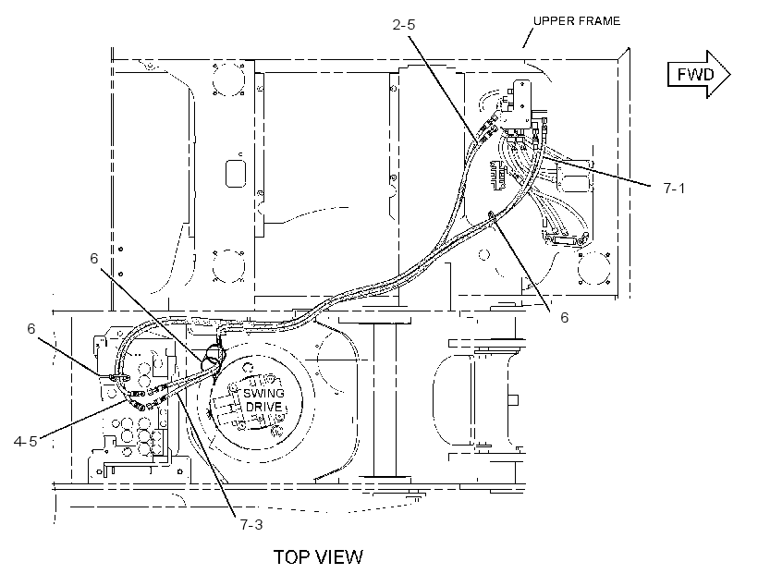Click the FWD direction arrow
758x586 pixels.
click(x=699, y=74)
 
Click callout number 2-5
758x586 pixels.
click(x=404, y=24)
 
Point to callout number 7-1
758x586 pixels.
click(x=674, y=188)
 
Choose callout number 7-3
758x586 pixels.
click(x=251, y=524)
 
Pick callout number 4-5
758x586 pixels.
click(x=25, y=441)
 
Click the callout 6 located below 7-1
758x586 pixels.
click(x=564, y=317)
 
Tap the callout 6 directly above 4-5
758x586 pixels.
click(x=31, y=329)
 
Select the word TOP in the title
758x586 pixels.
click(x=292, y=557)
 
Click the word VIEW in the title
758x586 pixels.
click(x=340, y=557)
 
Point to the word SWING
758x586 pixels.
click(x=263, y=393)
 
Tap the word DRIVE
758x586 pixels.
click(x=263, y=406)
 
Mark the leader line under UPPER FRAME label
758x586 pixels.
click(x=528, y=38)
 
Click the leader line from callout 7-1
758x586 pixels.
click(x=597, y=171)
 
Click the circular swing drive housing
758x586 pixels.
click(x=256, y=402)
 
